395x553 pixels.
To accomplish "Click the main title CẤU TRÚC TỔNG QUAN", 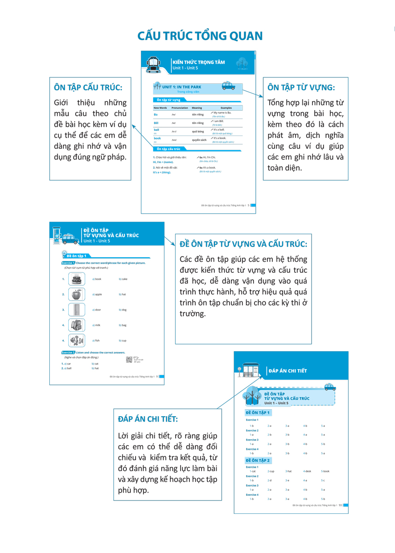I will tap(200, 36).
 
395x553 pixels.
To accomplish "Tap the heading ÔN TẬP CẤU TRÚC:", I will tap(88, 87).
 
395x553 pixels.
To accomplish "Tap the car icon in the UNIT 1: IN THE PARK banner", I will tap(228, 86).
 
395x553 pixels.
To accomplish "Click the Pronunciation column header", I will tap(180, 108).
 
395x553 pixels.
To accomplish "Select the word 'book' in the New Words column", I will tap(158, 138).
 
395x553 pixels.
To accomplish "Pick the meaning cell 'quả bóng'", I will tap(199, 131).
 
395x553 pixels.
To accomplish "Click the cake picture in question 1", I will tap(77, 279).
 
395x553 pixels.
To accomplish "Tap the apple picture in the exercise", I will tap(77, 294).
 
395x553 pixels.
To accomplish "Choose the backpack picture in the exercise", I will tap(77, 325).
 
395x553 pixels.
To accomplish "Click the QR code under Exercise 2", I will tap(129, 359).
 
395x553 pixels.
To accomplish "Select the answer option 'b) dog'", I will tap(123, 310).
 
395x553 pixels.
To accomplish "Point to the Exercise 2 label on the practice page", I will tap(68, 353).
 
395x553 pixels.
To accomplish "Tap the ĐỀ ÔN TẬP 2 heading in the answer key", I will tap(258, 460).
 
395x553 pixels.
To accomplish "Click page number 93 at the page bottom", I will tap(340, 505).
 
